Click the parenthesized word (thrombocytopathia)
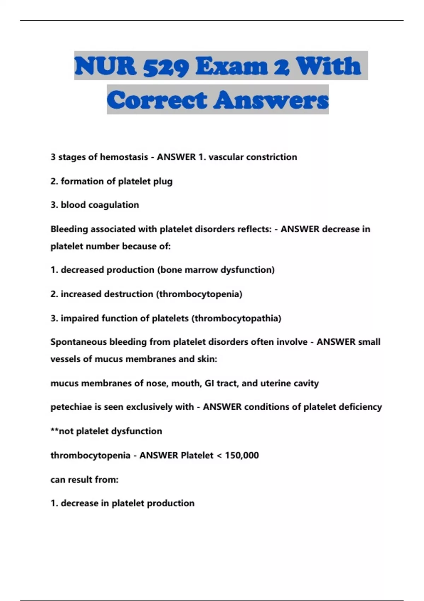coord(236,319)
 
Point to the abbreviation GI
coord(209,384)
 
